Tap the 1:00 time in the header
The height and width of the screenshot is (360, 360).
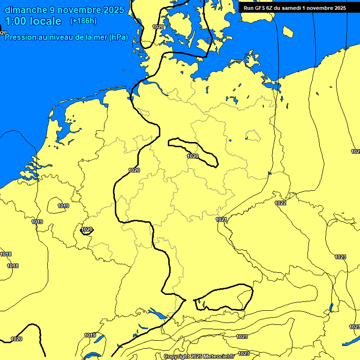[x=16, y=21]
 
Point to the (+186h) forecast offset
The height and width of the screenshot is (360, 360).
[x=83, y=21]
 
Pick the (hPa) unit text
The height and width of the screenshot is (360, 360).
[x=119, y=37]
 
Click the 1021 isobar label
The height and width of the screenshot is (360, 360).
[x=221, y=220]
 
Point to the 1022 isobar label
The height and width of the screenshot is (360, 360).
[x=280, y=203]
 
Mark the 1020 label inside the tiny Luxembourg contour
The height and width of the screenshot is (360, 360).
[x=87, y=230]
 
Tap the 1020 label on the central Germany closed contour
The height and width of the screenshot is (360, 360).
[x=193, y=156]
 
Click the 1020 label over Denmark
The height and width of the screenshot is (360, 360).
[x=158, y=27]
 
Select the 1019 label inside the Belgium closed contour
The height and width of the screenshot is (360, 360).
[x=63, y=206]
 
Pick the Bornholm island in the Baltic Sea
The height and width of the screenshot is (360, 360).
[x=287, y=31]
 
